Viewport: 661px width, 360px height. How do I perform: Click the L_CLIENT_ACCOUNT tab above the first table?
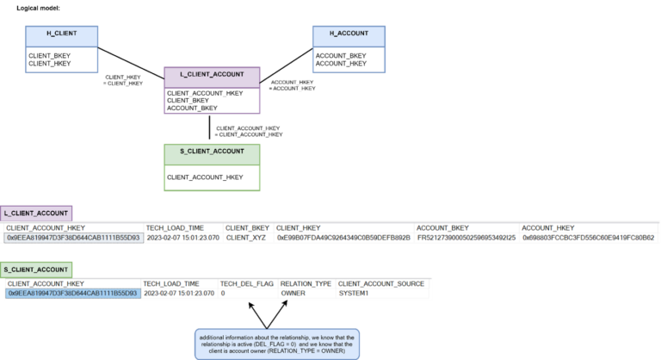click(x=36, y=213)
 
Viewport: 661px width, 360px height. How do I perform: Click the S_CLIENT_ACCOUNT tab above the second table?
click(x=36, y=270)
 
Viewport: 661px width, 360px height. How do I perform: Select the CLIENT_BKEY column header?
click(x=247, y=227)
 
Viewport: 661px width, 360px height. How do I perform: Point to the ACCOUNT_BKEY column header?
click(x=442, y=227)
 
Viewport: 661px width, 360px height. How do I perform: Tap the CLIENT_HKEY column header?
click(x=299, y=227)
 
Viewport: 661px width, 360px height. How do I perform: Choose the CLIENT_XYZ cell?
click(x=247, y=238)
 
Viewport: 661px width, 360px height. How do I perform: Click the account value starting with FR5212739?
click(x=466, y=238)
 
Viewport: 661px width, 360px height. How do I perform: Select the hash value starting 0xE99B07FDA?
click(x=343, y=238)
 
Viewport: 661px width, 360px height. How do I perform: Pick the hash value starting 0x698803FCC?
click(x=588, y=238)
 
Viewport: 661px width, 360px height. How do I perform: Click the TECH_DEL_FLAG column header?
click(x=246, y=283)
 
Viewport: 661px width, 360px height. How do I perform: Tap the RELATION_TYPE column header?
click(x=306, y=283)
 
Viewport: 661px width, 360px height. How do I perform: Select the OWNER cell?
click(x=293, y=294)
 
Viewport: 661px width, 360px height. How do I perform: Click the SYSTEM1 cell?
click(x=353, y=294)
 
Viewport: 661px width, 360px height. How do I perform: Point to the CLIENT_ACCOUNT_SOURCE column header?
click(x=380, y=283)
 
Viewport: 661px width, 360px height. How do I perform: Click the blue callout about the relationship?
click(x=277, y=343)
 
